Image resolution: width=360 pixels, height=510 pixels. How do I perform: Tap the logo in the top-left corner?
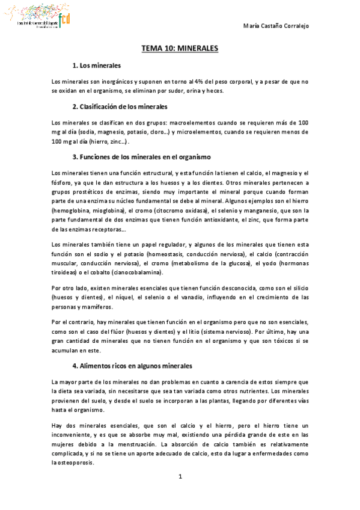tap(36, 18)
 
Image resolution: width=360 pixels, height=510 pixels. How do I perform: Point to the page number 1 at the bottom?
tap(180, 477)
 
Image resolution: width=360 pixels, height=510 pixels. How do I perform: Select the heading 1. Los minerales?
tap(96, 65)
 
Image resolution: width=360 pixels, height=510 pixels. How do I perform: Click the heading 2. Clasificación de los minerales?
tap(120, 106)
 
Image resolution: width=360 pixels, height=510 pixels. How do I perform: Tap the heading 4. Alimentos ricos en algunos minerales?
tap(141, 365)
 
